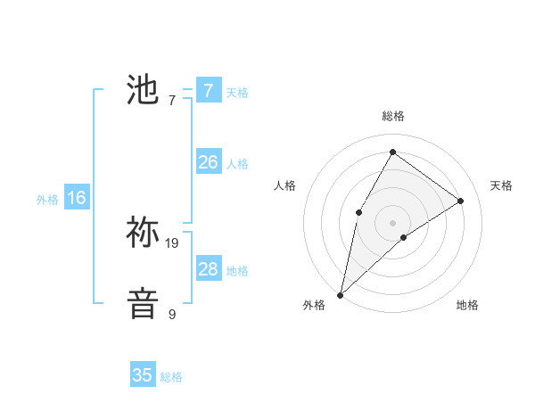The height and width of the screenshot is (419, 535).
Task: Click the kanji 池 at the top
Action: coord(143,90)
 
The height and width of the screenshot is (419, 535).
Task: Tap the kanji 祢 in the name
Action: coord(143,233)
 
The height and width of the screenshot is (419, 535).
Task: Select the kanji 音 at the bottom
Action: coord(143,304)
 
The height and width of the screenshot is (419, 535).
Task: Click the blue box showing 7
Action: coord(208,90)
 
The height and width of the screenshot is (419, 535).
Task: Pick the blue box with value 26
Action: coord(208,162)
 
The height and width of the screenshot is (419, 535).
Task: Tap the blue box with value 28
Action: coord(208,269)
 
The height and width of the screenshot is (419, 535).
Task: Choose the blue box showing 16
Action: coord(76,198)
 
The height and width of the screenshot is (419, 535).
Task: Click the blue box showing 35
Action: coord(143,375)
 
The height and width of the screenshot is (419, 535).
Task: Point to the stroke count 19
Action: coord(172,242)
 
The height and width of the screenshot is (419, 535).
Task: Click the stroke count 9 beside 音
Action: coord(172,314)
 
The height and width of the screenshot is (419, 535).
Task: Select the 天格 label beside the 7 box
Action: coord(237,92)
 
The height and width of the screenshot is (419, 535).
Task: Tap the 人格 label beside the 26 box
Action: coord(237,164)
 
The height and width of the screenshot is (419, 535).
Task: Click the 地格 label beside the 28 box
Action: coord(237,271)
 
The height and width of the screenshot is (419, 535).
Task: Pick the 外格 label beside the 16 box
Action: coord(47,200)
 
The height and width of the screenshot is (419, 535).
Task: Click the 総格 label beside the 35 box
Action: coord(171,377)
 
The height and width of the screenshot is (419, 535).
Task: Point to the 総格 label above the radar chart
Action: coord(392,116)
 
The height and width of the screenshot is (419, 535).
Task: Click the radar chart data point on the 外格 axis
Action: coord(341,294)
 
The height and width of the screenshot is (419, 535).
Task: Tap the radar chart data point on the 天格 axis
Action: coord(461,201)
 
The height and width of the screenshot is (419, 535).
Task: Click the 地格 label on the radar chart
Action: coord(467,305)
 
